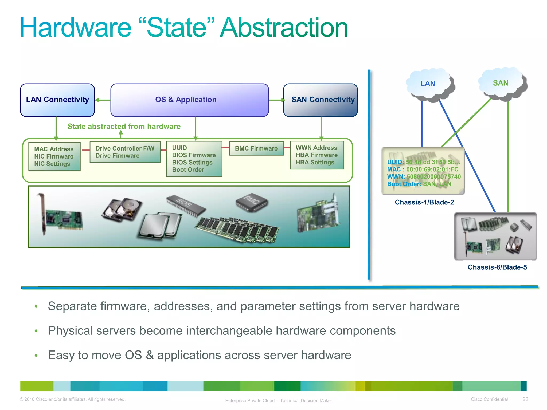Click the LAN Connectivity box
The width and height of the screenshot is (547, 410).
coord(57,100)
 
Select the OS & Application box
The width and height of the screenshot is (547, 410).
coord(189,100)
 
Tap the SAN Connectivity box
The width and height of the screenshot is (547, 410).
coord(320,100)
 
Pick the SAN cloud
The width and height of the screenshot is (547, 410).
coord(501,83)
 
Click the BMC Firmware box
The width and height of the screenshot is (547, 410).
coord(256,148)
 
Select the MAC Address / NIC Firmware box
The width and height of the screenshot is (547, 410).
coord(54,156)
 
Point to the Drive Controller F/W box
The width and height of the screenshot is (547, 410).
coord(125,152)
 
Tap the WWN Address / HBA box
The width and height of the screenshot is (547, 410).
coord(317,155)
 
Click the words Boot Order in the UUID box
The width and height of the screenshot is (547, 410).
coord(188,170)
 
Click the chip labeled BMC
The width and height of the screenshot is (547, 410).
coord(251,202)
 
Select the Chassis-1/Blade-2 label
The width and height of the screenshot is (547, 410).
coord(424,202)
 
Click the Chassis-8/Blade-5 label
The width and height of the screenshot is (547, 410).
coord(497,267)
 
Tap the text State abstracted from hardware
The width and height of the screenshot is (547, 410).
coord(124,126)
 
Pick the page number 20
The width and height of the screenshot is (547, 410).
coord(525,399)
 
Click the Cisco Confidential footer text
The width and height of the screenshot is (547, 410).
coord(489,399)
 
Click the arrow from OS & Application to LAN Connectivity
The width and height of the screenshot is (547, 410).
coord(103,100)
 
